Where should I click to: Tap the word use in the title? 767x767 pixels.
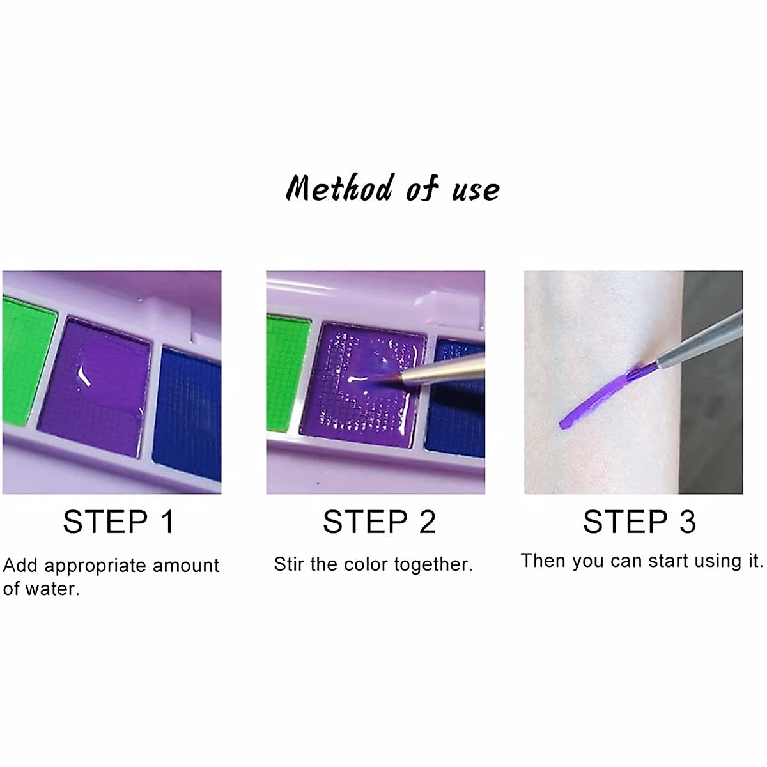click(476, 190)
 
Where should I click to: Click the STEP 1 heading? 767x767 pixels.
click(118, 522)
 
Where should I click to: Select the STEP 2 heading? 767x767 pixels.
click(379, 522)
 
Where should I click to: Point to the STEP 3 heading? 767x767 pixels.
click(639, 522)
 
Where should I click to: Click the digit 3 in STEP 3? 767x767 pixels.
click(687, 522)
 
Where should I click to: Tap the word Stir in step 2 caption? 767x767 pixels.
click(289, 564)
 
